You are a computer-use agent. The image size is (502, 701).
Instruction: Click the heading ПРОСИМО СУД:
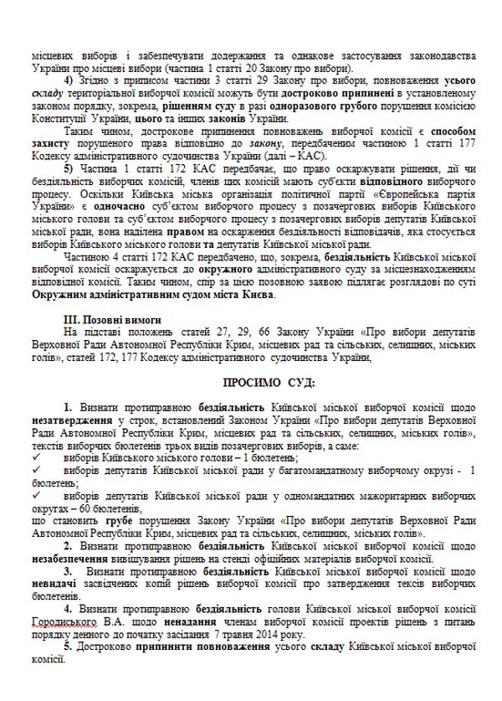pos(250,383)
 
